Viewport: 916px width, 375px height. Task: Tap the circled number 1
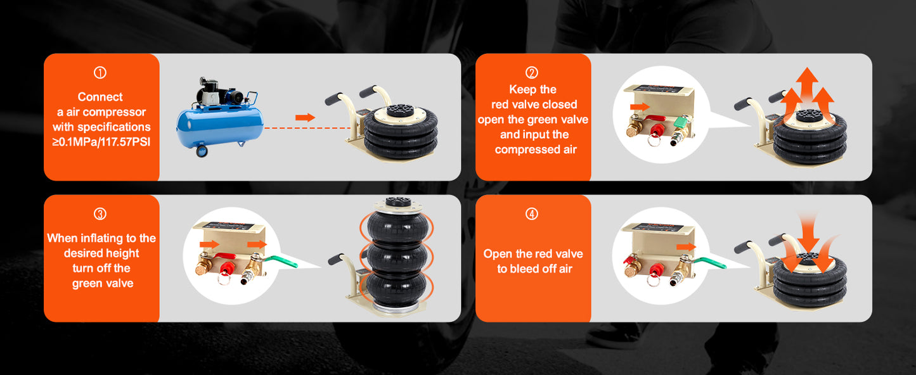100,73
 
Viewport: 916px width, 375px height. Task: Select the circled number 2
532,73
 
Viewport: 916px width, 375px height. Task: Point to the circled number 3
100,214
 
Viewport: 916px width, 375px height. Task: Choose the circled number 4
532,214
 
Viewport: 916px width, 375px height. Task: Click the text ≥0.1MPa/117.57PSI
101,143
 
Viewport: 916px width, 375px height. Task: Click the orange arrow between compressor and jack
306,117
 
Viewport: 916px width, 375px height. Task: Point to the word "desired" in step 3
87,253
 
